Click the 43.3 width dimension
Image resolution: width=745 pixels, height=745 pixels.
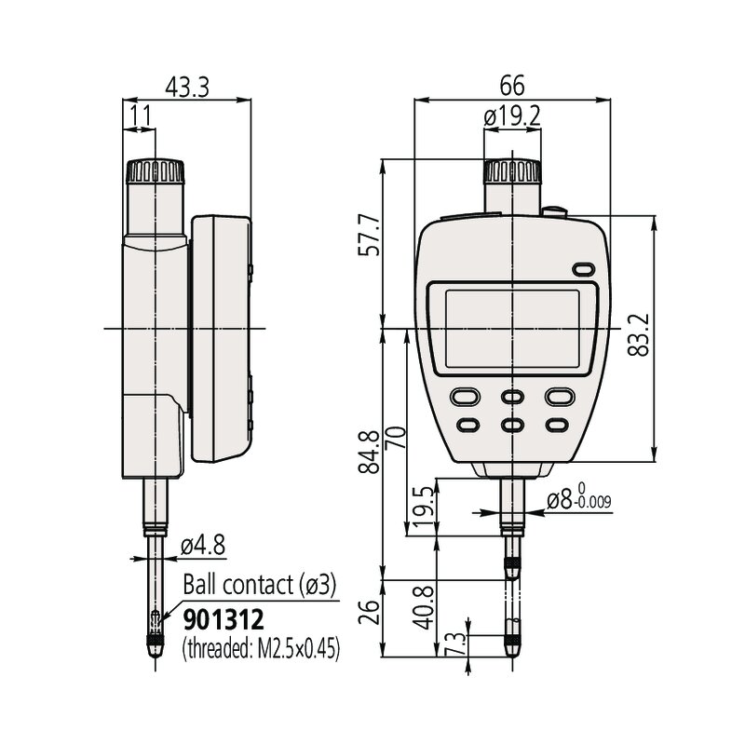point(187,87)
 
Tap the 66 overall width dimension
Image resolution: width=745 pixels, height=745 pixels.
point(511,86)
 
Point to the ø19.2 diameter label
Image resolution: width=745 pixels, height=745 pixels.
point(512,115)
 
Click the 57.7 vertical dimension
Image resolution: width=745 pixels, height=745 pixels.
point(369,236)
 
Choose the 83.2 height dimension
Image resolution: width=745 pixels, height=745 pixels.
point(638,334)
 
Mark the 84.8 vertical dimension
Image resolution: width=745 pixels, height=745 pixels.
point(369,452)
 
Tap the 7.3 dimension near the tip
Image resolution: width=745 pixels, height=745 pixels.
point(454,644)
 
